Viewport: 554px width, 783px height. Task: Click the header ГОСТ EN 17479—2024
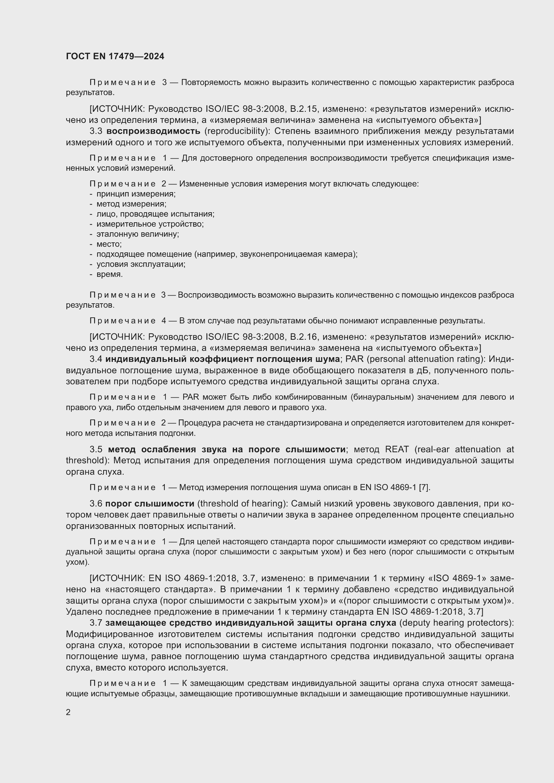pos(115,56)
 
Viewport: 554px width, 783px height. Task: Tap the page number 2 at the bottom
pos(68,712)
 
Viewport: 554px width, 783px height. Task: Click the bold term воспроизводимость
pos(153,131)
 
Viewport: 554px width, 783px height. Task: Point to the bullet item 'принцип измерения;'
pos(136,194)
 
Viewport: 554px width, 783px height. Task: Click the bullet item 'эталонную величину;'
pos(137,234)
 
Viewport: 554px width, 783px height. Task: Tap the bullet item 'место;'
pos(109,244)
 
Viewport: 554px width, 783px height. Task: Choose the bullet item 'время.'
pos(110,275)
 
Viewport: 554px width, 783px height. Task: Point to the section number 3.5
pos(96,450)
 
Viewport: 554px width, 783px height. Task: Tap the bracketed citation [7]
pos(424,488)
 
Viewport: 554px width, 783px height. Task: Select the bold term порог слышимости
pos(150,504)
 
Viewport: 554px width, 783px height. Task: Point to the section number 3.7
pos(96,623)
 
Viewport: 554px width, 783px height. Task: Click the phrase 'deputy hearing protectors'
pos(457,623)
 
